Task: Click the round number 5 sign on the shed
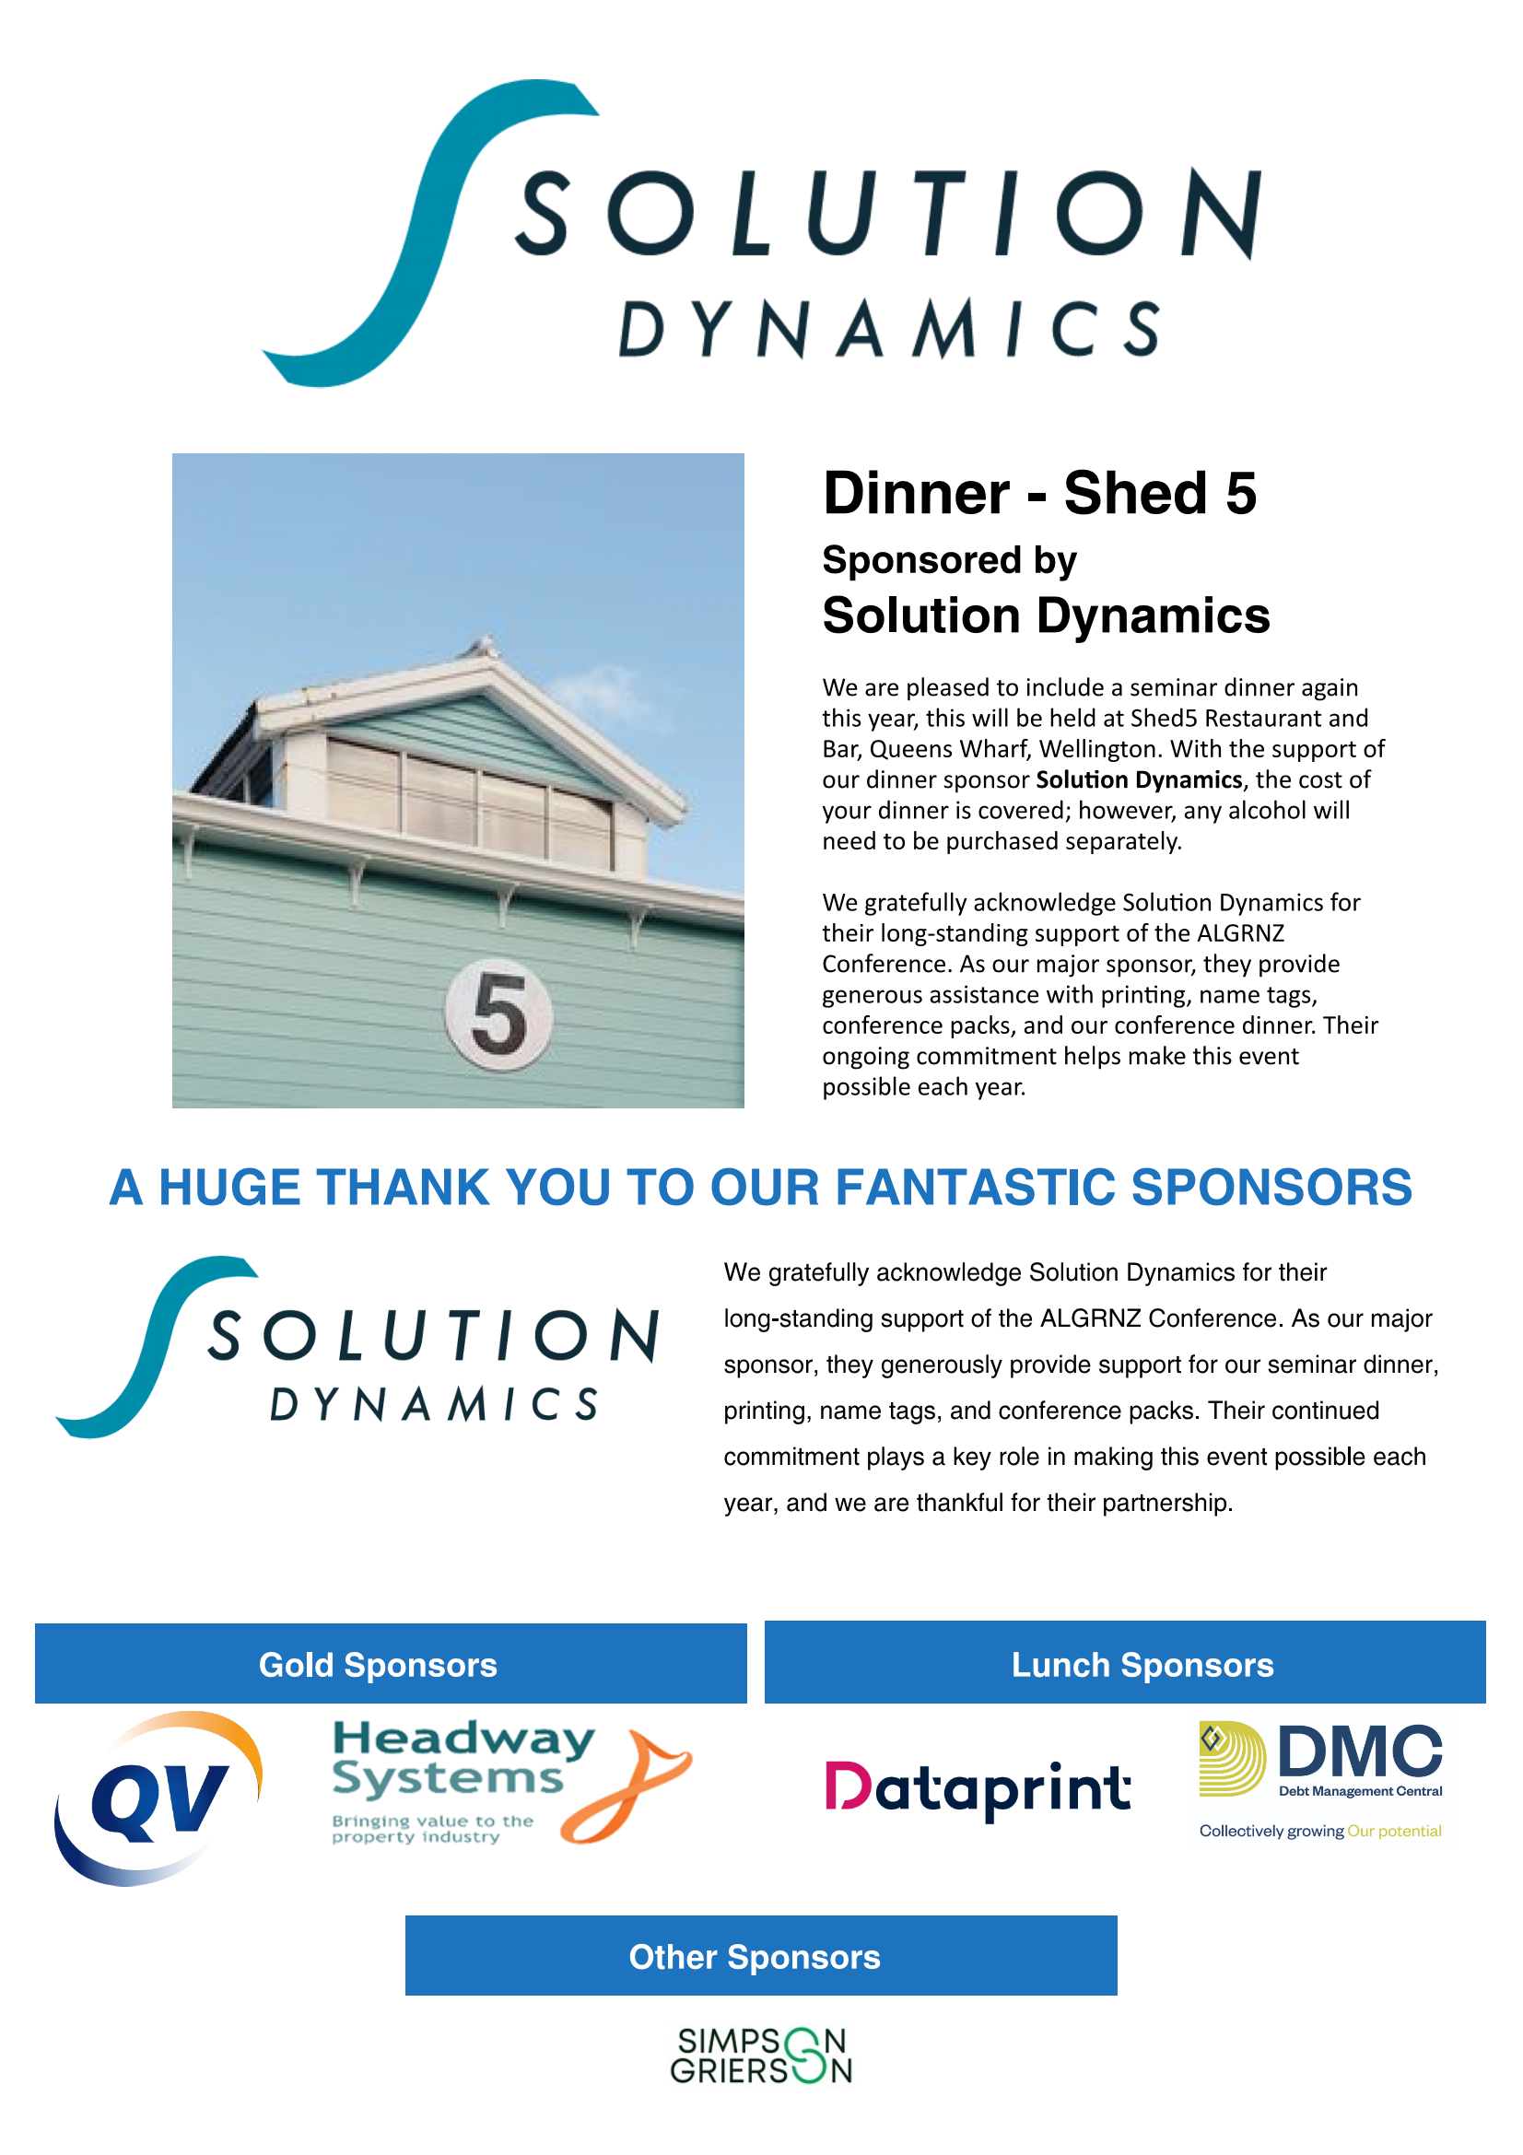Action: tap(498, 1014)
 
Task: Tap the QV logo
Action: tap(158, 1798)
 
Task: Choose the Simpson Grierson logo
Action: tap(761, 2056)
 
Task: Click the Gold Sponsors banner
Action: tap(391, 1664)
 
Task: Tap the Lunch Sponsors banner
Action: tap(1125, 1663)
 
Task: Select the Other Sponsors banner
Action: tap(761, 1957)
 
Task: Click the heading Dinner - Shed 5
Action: tap(1039, 494)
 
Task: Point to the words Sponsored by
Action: tap(950, 560)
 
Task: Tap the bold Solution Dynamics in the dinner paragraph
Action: tap(1139, 780)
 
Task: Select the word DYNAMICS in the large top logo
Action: tap(890, 330)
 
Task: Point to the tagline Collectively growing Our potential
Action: tap(1320, 1832)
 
